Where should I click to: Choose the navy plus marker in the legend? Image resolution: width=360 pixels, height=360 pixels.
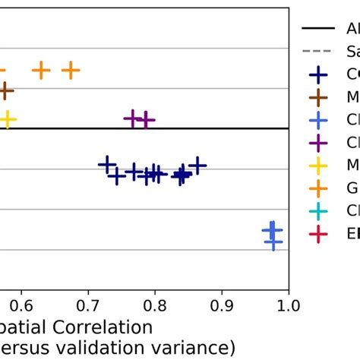coord(317,74)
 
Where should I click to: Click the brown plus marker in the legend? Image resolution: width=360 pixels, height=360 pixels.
coord(317,97)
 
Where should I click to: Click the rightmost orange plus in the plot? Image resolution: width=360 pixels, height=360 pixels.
coord(71,71)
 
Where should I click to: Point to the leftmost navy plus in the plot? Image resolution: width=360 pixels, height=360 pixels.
coord(107,164)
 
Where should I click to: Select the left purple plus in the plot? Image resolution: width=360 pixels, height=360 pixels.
coord(133,118)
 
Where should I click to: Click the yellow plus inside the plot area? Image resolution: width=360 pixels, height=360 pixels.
coord(8,119)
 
